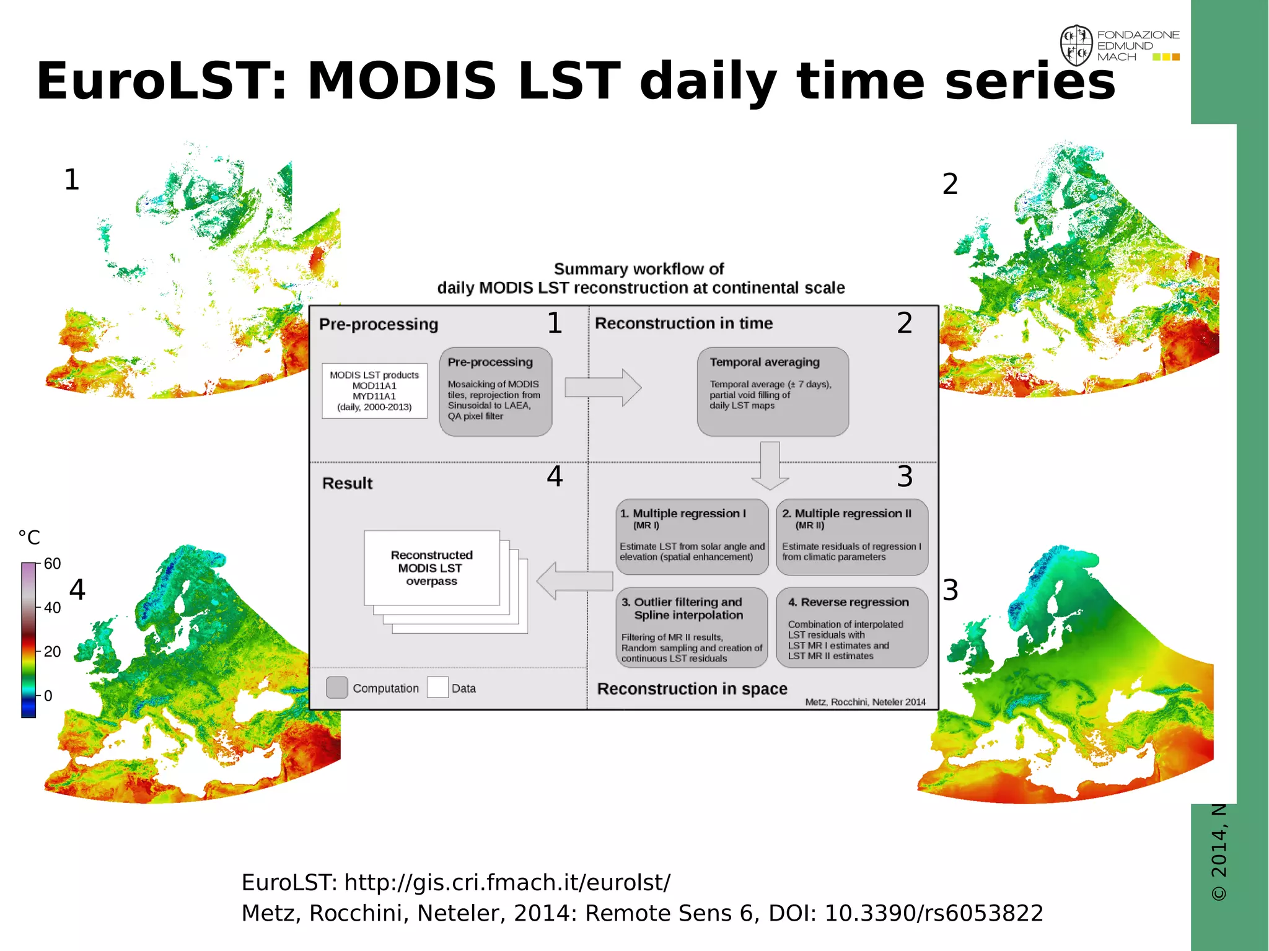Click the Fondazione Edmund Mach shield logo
tap(1076, 45)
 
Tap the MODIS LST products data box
tap(374, 391)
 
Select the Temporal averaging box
tap(773, 391)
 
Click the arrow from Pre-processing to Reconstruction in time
tap(602, 388)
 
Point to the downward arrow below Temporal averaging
tap(770, 465)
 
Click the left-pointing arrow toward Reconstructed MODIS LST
tap(574, 581)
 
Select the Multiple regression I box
tap(692, 537)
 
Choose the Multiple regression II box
tap(852, 537)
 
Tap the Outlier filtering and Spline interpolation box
tap(692, 627)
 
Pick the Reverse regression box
tap(852, 627)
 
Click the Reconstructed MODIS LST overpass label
tap(432, 568)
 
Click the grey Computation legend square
tap(336, 688)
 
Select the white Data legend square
tap(437, 688)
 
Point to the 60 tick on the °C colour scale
tap(52, 564)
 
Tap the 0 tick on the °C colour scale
tap(48, 696)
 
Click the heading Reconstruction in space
tap(692, 689)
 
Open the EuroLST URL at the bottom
tap(507, 882)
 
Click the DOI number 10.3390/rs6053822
tap(934, 913)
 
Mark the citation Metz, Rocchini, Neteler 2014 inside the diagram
tap(865, 702)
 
